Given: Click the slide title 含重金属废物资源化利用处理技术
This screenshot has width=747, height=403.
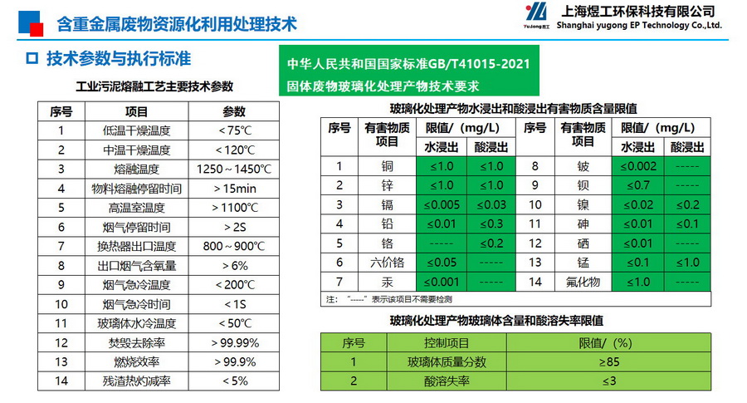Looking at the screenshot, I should [176, 24].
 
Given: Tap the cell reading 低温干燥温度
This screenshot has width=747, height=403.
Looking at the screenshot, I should [136, 130].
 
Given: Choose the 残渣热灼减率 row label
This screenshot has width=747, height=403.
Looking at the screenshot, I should [136, 381].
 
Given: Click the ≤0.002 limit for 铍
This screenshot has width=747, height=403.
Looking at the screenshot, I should [637, 165].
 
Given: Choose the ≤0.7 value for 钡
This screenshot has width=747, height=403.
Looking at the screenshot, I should [637, 184].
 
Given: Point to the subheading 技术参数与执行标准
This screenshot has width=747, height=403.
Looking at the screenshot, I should [119, 59].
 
